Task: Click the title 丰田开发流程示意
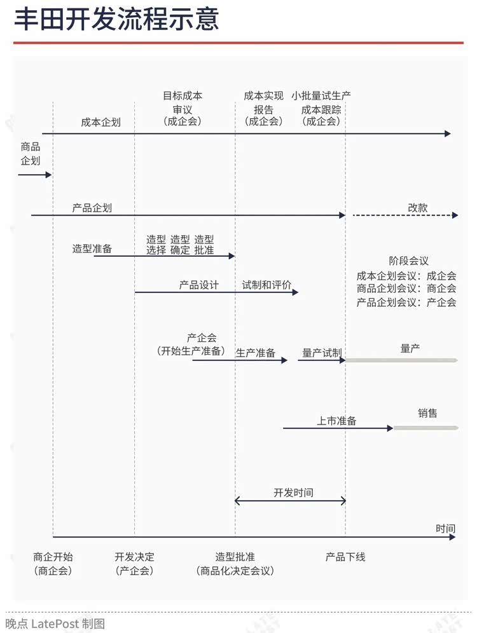pyautogui.click(x=116, y=19)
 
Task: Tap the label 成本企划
pyautogui.click(x=100, y=122)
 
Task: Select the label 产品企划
pyautogui.click(x=92, y=208)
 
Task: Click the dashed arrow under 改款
pyautogui.click(x=405, y=215)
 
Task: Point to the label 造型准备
pyautogui.click(x=92, y=248)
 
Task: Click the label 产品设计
pyautogui.click(x=198, y=285)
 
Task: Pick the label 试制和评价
pyautogui.click(x=266, y=285)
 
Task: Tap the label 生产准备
pyautogui.click(x=255, y=353)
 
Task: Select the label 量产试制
pyautogui.click(x=322, y=353)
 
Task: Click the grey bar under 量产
pyautogui.click(x=401, y=360)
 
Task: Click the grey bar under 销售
pyautogui.click(x=425, y=428)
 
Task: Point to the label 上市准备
pyautogui.click(x=336, y=421)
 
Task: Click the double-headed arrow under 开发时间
pyautogui.click(x=290, y=501)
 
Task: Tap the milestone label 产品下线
pyautogui.click(x=345, y=557)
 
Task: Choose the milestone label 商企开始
pyautogui.click(x=53, y=557)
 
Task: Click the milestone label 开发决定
pyautogui.click(x=134, y=557)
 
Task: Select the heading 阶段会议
pyautogui.click(x=408, y=261)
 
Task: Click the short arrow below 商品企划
pyautogui.click(x=35, y=175)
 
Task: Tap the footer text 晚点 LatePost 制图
pyautogui.click(x=55, y=623)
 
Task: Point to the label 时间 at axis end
pyautogui.click(x=445, y=528)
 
